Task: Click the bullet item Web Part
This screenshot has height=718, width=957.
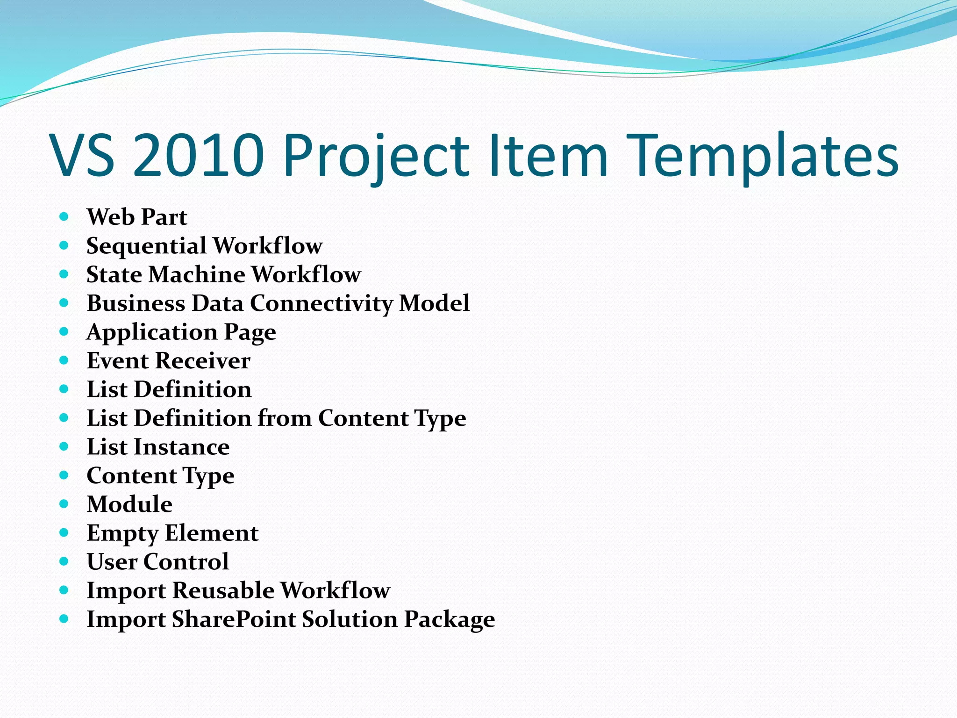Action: pos(137,217)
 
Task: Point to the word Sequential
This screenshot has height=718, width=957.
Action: pos(146,246)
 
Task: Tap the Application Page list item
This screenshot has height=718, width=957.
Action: pos(181,332)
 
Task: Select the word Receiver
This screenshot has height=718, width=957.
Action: pos(203,361)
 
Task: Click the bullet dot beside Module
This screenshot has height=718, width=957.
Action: pos(64,504)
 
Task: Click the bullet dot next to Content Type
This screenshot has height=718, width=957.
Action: pos(64,475)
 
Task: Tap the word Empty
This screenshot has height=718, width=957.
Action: pos(122,533)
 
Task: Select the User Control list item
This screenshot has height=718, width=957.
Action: pos(158,561)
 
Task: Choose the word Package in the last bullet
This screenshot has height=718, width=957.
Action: pos(449,620)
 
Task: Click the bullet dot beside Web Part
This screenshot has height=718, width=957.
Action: pos(64,217)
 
